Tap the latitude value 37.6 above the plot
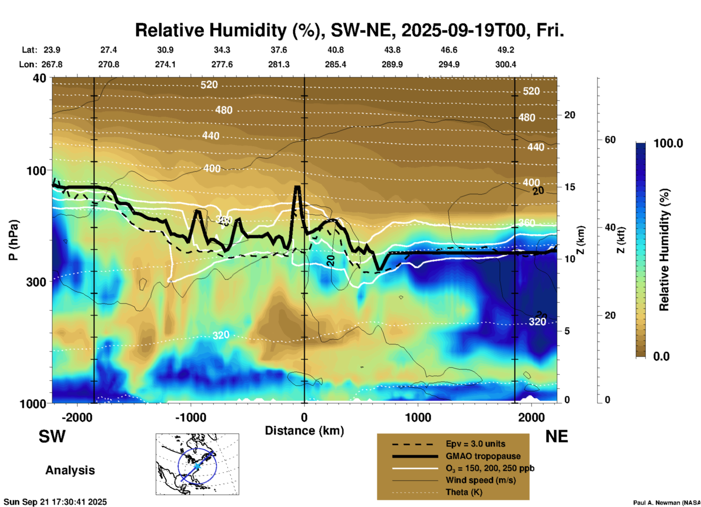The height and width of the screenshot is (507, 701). (x=278, y=50)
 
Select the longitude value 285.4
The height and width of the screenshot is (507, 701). (x=335, y=65)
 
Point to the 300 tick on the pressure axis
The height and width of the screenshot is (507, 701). (x=36, y=282)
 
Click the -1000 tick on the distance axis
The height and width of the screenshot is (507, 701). (x=190, y=417)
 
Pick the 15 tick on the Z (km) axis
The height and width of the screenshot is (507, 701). (x=570, y=187)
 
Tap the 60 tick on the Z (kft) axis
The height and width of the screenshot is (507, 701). (x=610, y=140)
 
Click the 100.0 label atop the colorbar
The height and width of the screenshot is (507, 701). (x=668, y=143)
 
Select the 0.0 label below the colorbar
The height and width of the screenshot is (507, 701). (x=661, y=356)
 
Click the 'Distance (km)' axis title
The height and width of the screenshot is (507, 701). (x=304, y=431)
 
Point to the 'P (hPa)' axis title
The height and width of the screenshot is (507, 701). (x=13, y=240)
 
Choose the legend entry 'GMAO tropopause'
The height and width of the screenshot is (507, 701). (x=483, y=456)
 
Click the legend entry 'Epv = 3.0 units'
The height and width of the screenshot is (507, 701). (x=475, y=444)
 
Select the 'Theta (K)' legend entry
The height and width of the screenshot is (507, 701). (x=464, y=492)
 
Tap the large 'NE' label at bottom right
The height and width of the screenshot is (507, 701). (x=557, y=436)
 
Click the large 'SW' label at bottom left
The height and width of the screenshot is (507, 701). (x=52, y=436)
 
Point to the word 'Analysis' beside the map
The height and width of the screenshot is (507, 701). (x=70, y=470)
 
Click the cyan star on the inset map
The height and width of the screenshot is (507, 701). (x=197, y=466)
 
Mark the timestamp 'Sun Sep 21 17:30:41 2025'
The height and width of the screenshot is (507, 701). (x=55, y=502)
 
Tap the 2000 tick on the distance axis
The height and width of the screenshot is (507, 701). (x=531, y=417)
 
